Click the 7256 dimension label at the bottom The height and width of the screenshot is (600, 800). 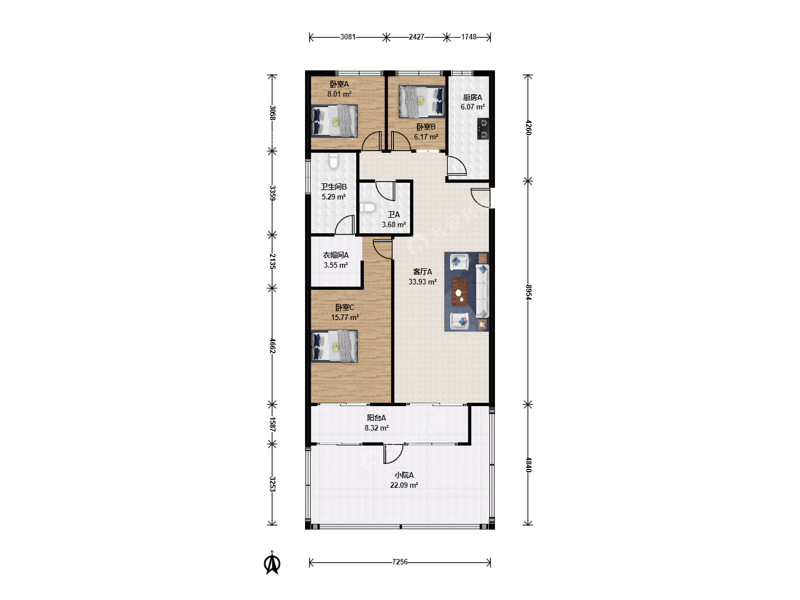click(399, 562)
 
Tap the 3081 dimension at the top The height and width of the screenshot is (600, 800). click(348, 37)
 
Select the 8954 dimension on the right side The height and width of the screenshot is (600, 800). click(528, 292)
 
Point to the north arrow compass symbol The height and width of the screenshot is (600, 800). click(272, 563)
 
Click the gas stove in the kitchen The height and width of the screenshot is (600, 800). click(483, 128)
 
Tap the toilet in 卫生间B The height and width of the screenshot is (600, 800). click(333, 161)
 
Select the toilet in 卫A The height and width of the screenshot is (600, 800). click(367, 208)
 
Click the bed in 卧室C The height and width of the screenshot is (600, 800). click(334, 346)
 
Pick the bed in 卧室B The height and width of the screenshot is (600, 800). click(422, 102)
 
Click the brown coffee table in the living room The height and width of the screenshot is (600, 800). click(459, 292)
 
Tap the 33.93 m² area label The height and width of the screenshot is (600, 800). click(422, 282)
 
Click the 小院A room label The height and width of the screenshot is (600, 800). click(404, 475)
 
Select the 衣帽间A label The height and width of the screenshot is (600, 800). click(336, 256)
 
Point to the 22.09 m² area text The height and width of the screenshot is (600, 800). click(404, 485)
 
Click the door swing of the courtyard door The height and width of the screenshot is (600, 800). click(394, 454)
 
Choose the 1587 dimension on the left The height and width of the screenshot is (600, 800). click(272, 424)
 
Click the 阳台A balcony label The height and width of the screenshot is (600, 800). click(376, 418)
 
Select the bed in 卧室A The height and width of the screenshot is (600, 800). click(334, 121)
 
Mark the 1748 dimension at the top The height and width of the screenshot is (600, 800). click(469, 37)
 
